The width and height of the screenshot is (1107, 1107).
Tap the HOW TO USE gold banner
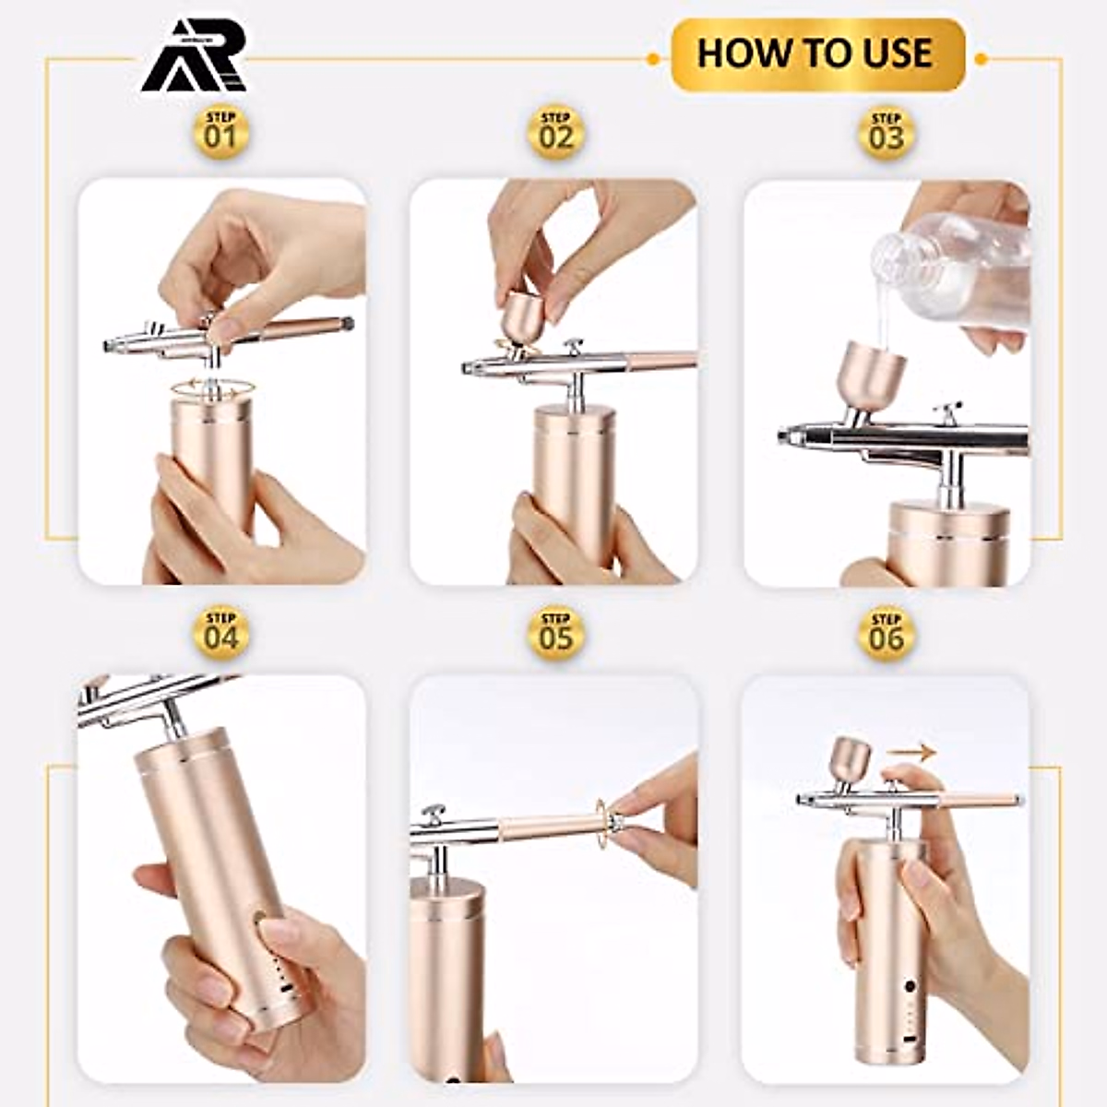[815, 54]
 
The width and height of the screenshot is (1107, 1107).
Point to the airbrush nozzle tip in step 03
[785, 434]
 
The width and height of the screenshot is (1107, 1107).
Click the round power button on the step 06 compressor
[910, 986]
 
